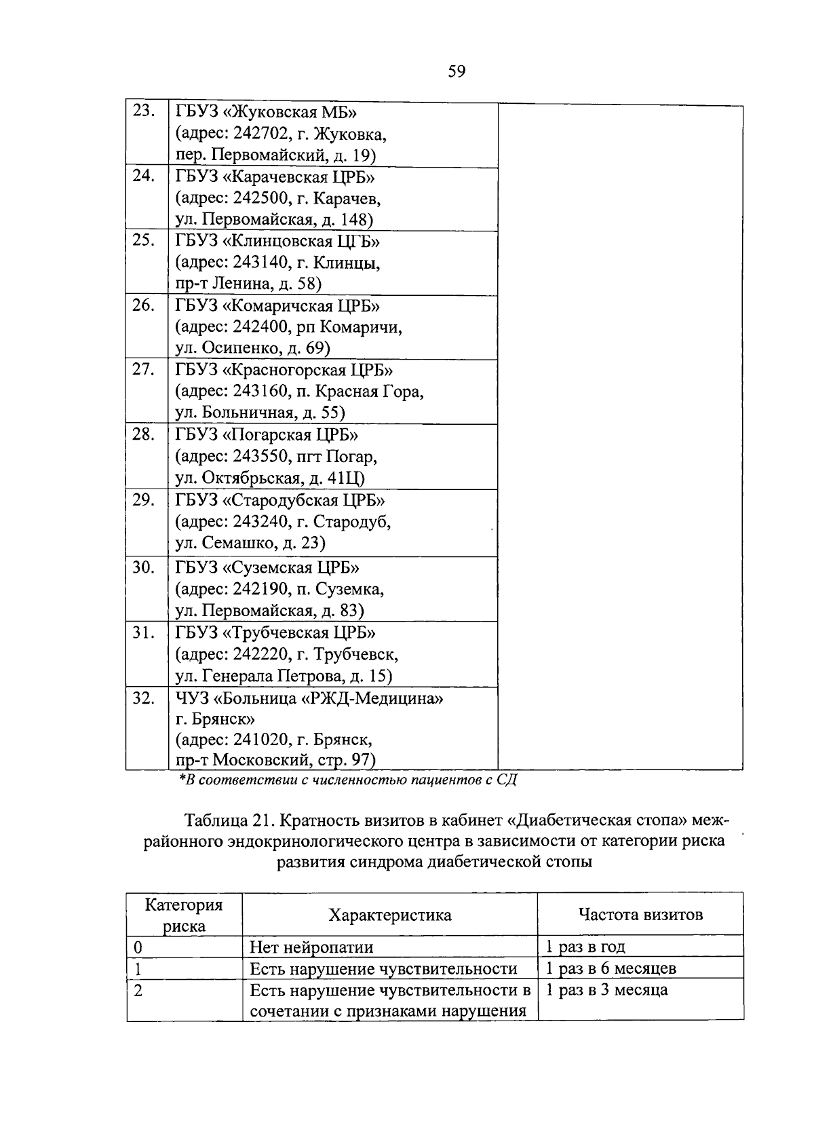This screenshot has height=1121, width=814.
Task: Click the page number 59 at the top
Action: tap(457, 71)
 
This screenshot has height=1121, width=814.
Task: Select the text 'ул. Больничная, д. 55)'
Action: tap(260, 413)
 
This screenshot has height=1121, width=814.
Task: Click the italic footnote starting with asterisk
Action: tap(347, 780)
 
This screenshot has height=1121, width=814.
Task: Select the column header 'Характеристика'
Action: tap(389, 915)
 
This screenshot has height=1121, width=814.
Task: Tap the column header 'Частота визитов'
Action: tap(640, 914)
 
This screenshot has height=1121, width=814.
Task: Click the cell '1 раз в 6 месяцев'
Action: tap(610, 968)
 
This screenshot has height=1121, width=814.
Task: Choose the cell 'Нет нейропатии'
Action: tap(311, 947)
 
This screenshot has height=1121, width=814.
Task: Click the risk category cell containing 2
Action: tap(138, 990)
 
